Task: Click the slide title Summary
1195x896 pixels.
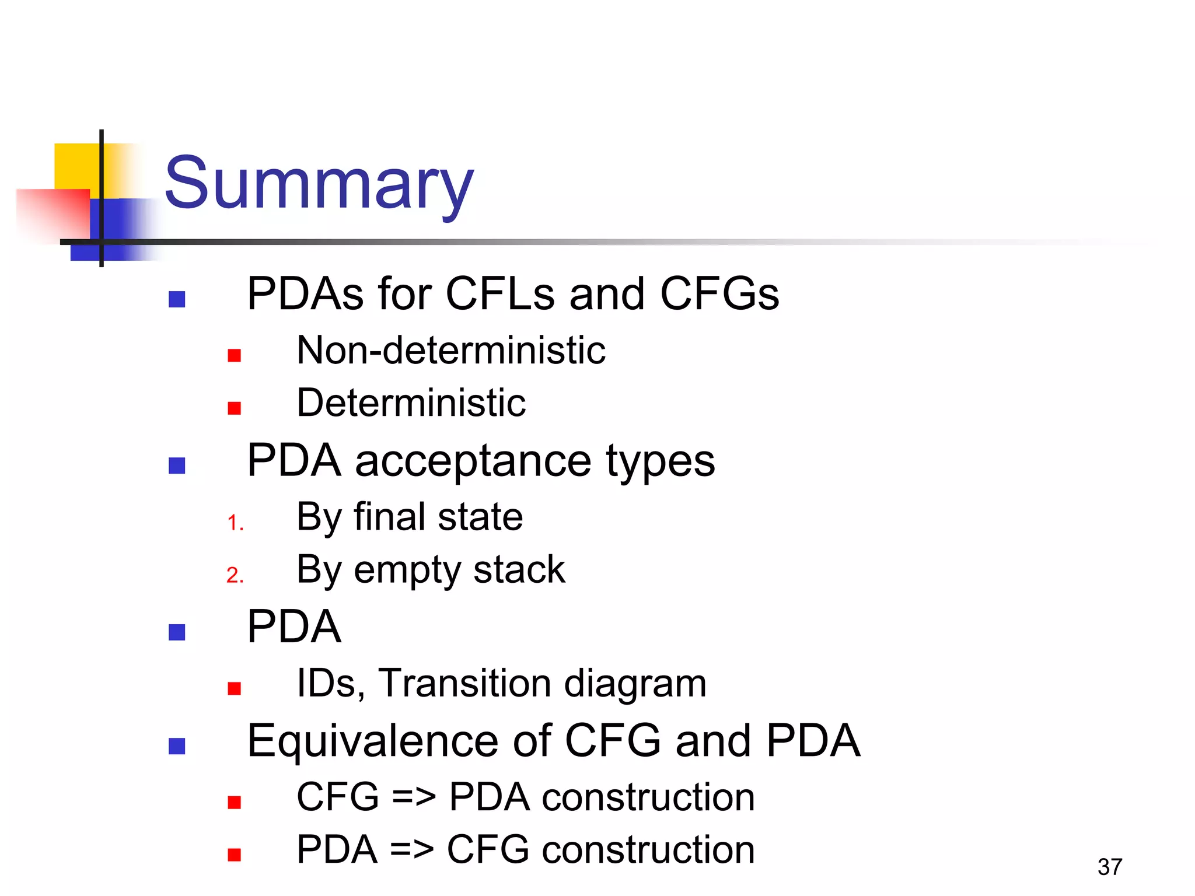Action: (319, 184)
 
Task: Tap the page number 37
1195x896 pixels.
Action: (1109, 867)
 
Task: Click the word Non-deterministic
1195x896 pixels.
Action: (450, 351)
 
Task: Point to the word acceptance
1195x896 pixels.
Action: (473, 461)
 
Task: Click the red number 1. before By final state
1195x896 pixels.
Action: (235, 523)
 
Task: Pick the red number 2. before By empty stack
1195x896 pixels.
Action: (235, 575)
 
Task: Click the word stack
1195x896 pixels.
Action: (519, 569)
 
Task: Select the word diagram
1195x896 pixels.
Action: (635, 684)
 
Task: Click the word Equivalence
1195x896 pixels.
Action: (372, 741)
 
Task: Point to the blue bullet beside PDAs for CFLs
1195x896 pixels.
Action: (177, 299)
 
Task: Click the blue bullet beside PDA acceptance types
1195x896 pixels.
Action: (177, 466)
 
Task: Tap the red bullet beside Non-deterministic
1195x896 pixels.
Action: (235, 355)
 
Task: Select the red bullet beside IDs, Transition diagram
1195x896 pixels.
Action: (235, 689)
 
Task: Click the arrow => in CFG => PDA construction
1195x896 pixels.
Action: (414, 797)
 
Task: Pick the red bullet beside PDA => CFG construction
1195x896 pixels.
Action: (235, 855)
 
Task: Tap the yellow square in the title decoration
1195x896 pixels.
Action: (76, 166)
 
